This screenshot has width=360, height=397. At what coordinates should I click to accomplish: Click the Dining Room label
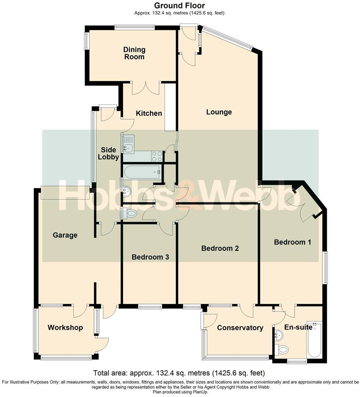pyautogui.click(x=134, y=53)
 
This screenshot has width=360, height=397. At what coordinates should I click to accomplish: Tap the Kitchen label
pyautogui.click(x=148, y=113)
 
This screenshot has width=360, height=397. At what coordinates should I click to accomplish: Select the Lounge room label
pyautogui.click(x=219, y=112)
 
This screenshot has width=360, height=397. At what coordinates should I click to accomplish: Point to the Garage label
pyautogui.click(x=65, y=235)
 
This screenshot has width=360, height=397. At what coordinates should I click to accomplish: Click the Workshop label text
pyautogui.click(x=65, y=328)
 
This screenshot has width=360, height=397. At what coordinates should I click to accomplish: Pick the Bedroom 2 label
pyautogui.click(x=220, y=248)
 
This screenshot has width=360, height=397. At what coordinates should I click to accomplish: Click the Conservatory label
pyautogui.click(x=240, y=328)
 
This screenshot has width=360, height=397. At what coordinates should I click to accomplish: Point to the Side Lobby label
pyautogui.click(x=108, y=153)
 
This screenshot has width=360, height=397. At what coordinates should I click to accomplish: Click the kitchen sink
pyautogui.click(x=128, y=144)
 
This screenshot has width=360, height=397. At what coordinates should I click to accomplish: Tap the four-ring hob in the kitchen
pyautogui.click(x=157, y=156)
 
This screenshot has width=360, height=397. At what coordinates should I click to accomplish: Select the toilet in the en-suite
pyautogui.click(x=283, y=350)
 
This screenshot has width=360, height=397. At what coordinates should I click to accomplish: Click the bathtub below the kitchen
pyautogui.click(x=142, y=172)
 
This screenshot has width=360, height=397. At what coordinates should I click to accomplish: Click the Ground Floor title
pyautogui.click(x=179, y=5)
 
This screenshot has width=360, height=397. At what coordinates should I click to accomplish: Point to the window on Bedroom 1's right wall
pyautogui.click(x=325, y=268)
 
